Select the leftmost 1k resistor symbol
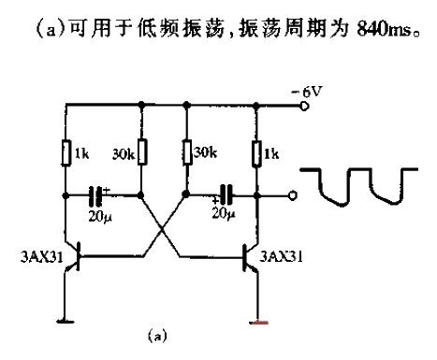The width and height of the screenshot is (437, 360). click(65, 151)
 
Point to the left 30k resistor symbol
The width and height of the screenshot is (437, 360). click(139, 151)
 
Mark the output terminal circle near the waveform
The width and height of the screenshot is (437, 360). click(293, 197)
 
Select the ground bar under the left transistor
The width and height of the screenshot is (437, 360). click(65, 323)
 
